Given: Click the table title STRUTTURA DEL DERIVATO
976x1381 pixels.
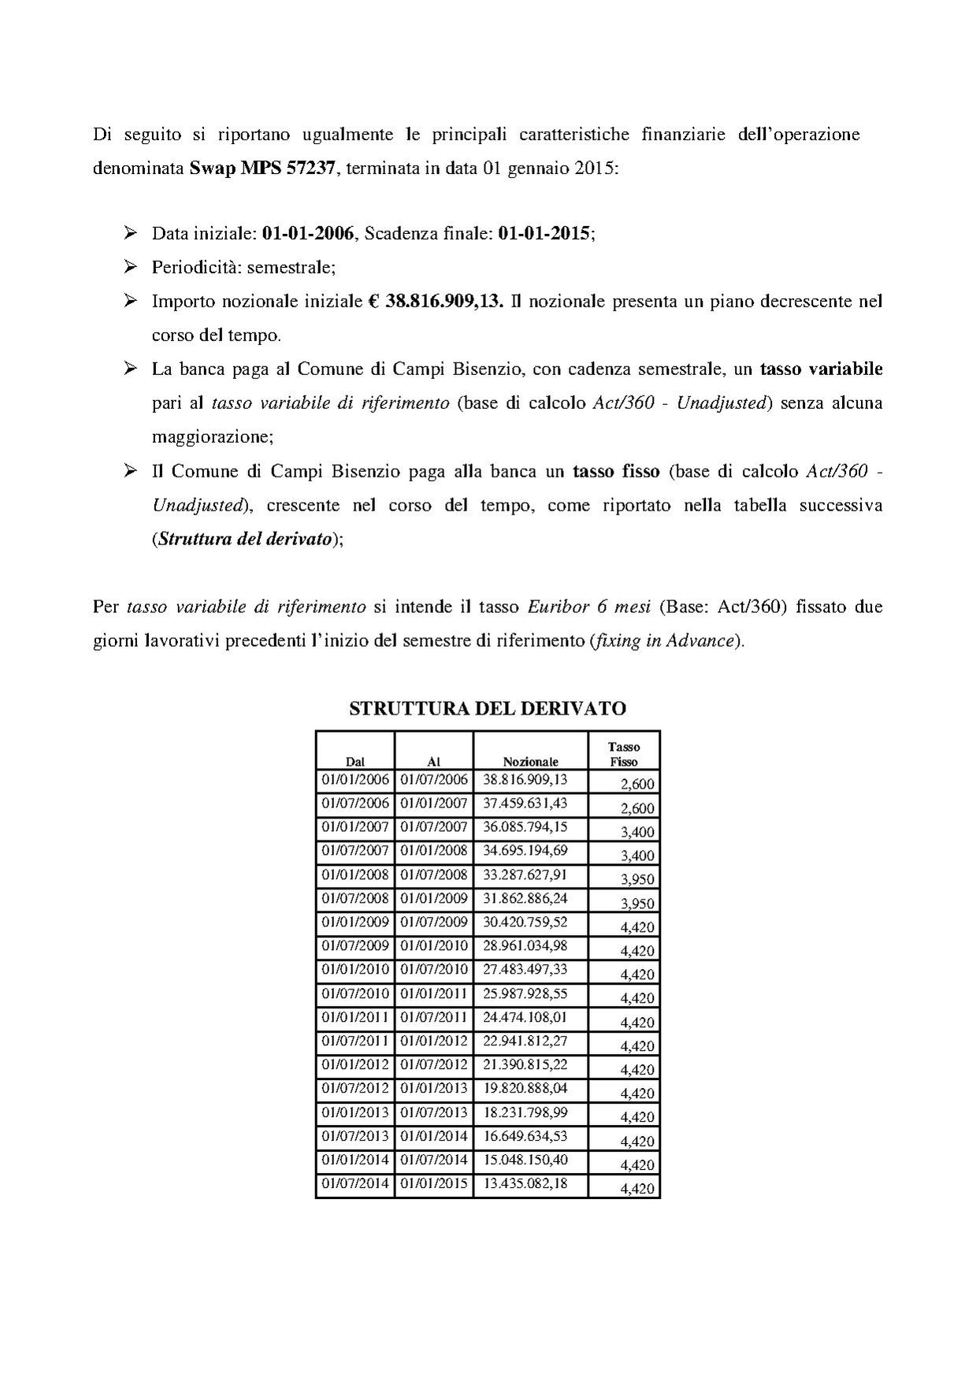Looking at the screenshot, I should (487, 708).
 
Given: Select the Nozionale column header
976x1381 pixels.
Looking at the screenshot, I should (530, 761).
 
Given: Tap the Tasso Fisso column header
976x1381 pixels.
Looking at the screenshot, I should (623, 754).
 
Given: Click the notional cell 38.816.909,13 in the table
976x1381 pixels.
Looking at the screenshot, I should (525, 780).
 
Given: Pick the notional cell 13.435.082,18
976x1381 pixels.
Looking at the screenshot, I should (525, 1183).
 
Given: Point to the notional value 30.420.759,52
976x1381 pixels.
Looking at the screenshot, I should (525, 922).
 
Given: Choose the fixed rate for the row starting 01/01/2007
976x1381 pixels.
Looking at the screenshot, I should (637, 832).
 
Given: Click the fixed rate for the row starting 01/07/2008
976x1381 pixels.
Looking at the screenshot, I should (637, 903).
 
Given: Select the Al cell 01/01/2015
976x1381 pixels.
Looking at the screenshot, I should (433, 1183).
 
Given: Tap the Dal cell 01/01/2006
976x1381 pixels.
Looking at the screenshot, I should (355, 780).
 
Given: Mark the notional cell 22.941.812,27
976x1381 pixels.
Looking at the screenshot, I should (525, 1041).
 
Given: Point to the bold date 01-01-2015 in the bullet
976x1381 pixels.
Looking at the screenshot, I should (544, 234).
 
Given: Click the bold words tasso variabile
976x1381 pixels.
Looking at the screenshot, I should (821, 369).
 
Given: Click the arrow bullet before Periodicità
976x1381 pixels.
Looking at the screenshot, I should (131, 267).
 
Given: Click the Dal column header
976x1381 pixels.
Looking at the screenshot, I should (355, 761).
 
